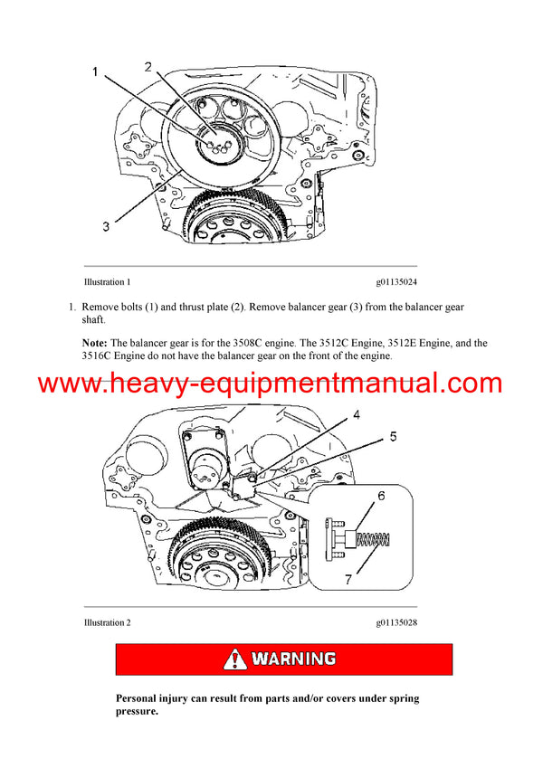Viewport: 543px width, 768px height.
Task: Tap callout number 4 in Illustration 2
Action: [357, 415]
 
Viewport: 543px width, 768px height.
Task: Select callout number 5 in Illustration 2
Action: [392, 437]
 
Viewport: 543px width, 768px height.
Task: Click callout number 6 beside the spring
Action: [380, 497]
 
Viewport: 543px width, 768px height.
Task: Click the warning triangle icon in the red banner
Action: [234, 659]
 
